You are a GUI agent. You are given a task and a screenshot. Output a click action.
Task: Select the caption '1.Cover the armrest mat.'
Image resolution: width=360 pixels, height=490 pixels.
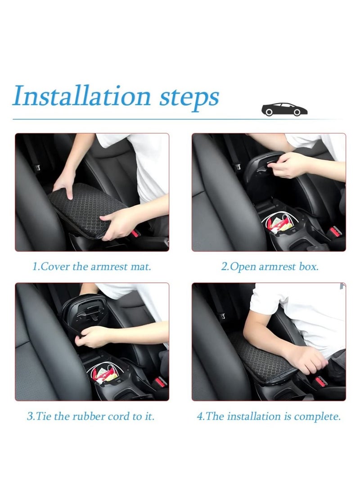(92, 266)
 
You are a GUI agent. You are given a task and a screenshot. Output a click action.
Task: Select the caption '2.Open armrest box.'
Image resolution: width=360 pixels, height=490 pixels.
(269, 266)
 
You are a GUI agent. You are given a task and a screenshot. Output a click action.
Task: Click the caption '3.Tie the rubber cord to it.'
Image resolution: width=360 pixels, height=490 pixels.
(90, 416)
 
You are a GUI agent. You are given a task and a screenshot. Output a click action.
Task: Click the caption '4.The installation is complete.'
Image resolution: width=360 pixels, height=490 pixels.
(269, 416)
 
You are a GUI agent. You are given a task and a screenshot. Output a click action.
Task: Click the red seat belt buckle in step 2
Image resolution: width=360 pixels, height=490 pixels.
(334, 233)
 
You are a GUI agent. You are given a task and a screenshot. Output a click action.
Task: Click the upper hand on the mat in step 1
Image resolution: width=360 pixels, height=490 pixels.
(65, 184)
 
